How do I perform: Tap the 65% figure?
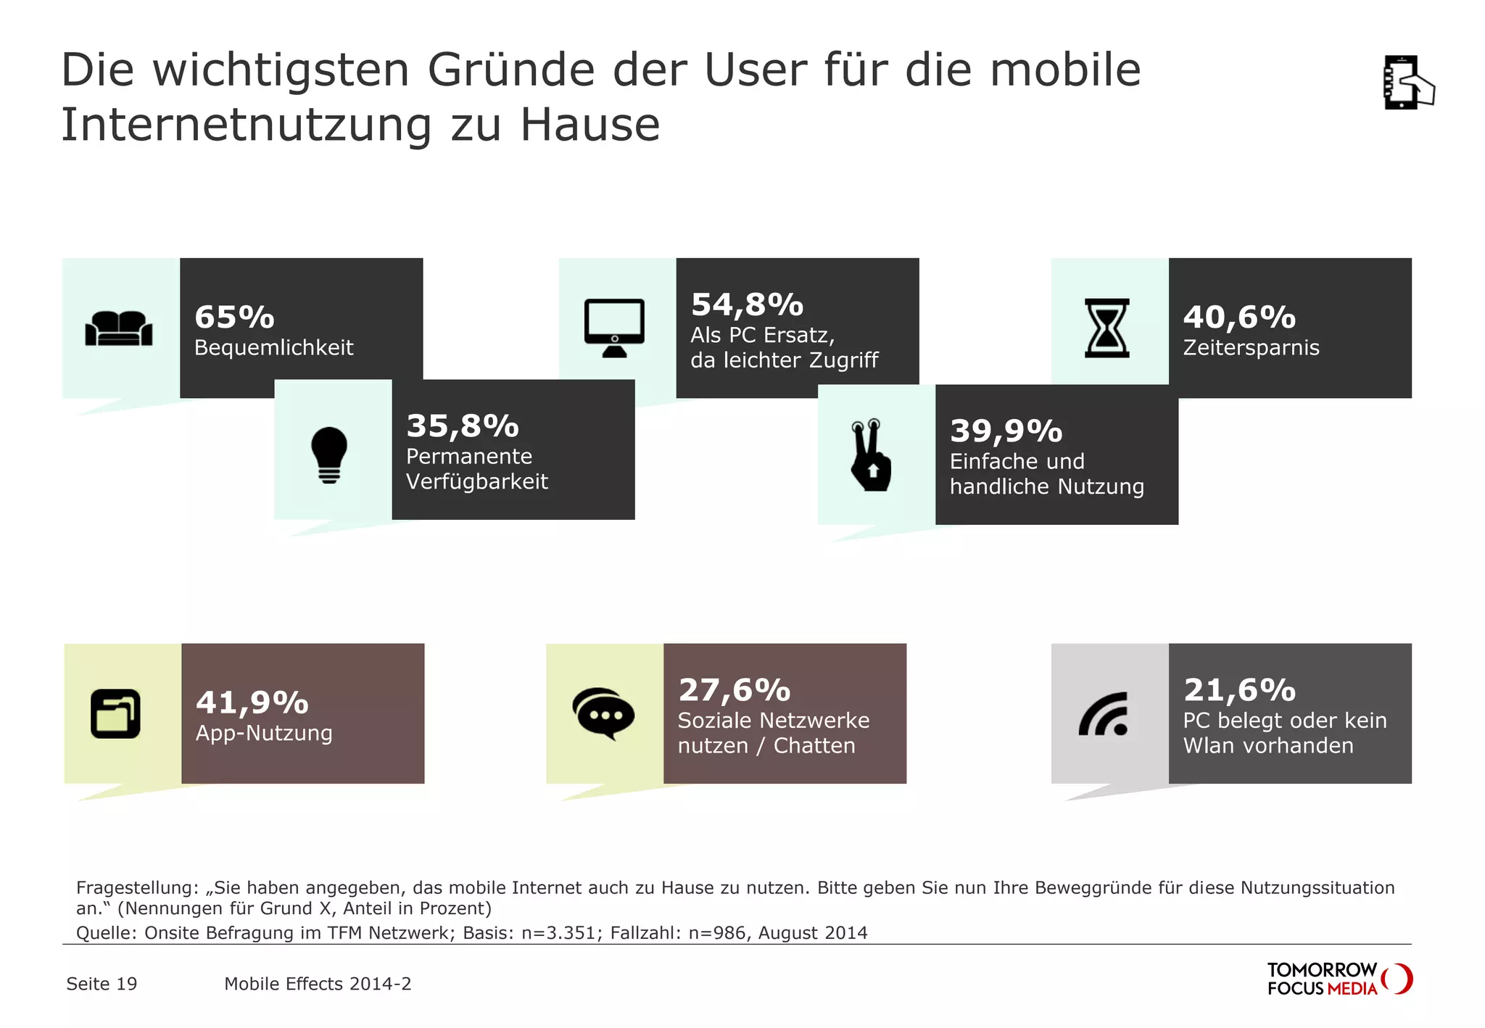click(234, 318)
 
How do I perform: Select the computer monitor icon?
click(614, 328)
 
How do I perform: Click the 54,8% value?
click(747, 305)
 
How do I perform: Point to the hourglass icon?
click(1106, 328)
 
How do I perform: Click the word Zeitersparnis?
click(1251, 348)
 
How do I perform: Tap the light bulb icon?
click(329, 455)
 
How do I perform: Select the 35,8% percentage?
click(463, 426)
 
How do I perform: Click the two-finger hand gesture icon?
click(871, 455)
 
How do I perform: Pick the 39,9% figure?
click(1006, 431)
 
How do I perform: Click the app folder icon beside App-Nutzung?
click(115, 713)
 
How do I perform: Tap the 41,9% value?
click(252, 702)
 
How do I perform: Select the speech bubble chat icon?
click(603, 713)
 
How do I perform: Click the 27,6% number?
click(734, 690)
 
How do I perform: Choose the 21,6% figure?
click(1239, 690)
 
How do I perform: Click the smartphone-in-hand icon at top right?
click(1407, 83)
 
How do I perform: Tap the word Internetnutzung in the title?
click(246, 125)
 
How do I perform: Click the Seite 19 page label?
click(102, 984)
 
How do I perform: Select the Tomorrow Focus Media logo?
click(1339, 979)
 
